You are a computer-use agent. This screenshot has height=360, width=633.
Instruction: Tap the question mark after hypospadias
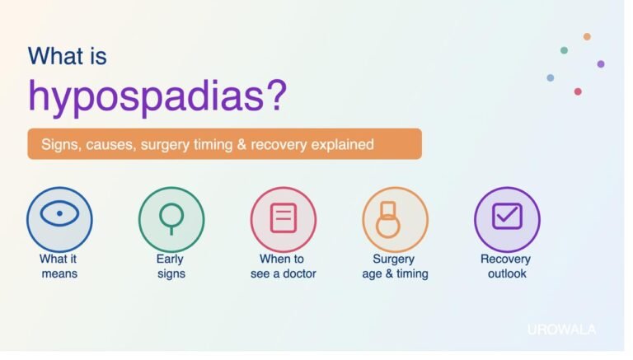277,95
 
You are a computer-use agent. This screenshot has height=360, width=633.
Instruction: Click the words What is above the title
68,56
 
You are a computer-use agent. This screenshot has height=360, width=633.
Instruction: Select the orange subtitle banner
225,144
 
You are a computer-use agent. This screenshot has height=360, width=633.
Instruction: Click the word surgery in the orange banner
164,145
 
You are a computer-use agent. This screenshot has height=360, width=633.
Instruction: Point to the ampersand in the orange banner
241,144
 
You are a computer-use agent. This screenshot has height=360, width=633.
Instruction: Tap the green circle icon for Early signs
171,220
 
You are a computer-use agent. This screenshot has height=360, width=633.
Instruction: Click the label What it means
59,266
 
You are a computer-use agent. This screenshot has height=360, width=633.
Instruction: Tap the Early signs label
171,266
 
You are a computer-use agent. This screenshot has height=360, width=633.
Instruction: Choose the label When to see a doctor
283,266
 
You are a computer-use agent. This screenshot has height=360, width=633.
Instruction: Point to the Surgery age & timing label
395,266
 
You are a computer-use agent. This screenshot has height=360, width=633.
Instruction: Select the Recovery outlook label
506,266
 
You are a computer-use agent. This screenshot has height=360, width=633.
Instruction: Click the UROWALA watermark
561,330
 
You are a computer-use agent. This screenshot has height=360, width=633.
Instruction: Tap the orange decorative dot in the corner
587,37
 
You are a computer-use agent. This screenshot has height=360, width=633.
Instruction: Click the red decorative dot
578,91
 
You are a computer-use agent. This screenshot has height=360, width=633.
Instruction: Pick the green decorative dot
564,50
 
